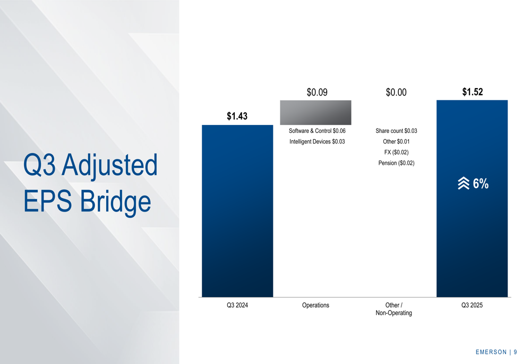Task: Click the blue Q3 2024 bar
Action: [x=237, y=211]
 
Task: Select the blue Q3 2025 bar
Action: [x=472, y=199]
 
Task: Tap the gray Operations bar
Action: [x=315, y=113]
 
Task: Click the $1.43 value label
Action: [x=237, y=116]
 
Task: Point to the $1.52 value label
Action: [x=473, y=92]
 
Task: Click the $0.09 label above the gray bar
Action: [x=317, y=92]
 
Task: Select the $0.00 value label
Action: [x=396, y=92]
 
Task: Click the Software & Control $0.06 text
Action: [x=317, y=131]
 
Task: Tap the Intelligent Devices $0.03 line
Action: [x=317, y=142]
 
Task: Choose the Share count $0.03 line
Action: [x=396, y=131]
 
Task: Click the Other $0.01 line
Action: [x=396, y=142]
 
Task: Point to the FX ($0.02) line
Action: [x=396, y=153]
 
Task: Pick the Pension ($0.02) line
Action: [x=396, y=163]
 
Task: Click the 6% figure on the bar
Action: [x=481, y=184]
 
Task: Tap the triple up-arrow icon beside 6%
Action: [x=464, y=183]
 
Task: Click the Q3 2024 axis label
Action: [x=237, y=305]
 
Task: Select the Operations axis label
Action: [x=315, y=305]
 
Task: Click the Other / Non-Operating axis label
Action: [x=394, y=309]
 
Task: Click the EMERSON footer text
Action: [x=491, y=352]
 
